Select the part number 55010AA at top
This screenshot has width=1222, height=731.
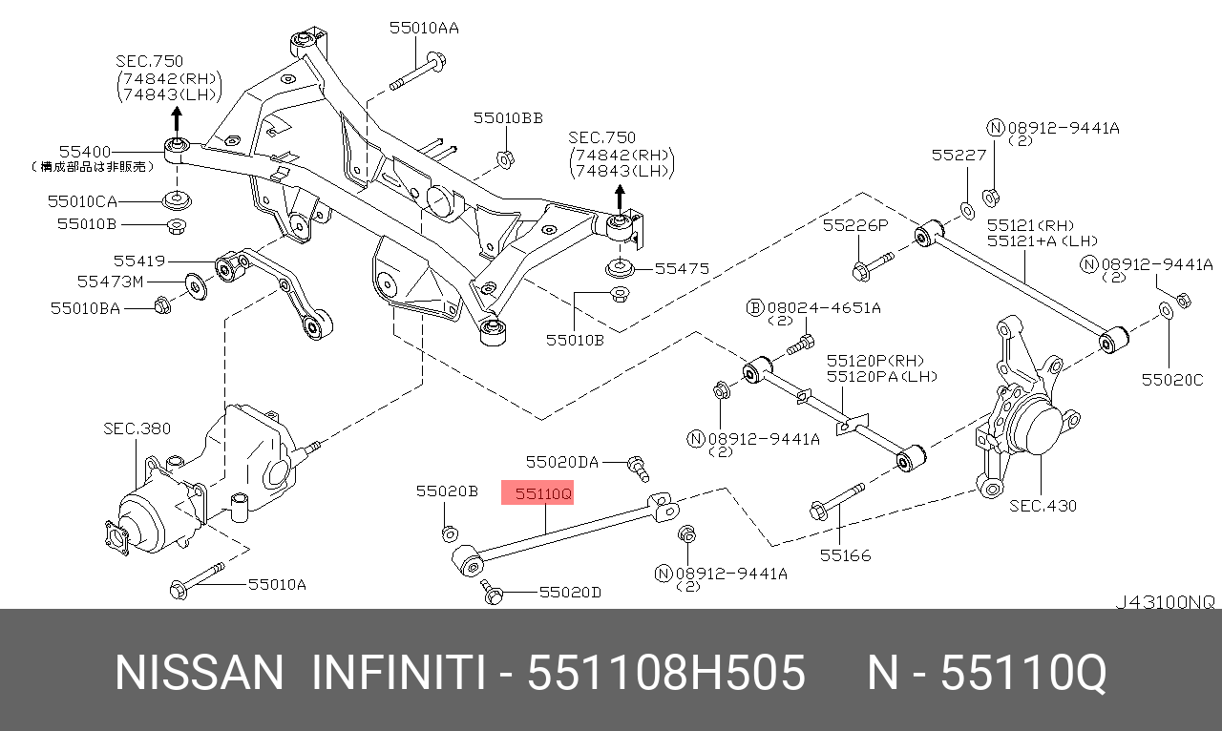point(423,29)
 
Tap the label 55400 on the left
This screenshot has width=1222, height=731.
point(85,152)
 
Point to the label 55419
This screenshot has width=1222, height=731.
point(139,261)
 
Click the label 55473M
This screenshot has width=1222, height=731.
point(110,282)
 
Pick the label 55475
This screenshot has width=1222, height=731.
point(682,269)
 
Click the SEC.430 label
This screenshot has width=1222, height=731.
point(1043,506)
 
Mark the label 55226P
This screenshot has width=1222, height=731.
point(855,225)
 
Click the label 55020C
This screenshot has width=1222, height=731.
point(1171,380)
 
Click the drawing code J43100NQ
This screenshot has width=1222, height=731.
point(1166,602)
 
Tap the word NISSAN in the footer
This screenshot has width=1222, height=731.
point(199,674)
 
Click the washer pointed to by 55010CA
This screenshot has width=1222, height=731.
point(177,201)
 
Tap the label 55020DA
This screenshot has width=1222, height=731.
point(561,463)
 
